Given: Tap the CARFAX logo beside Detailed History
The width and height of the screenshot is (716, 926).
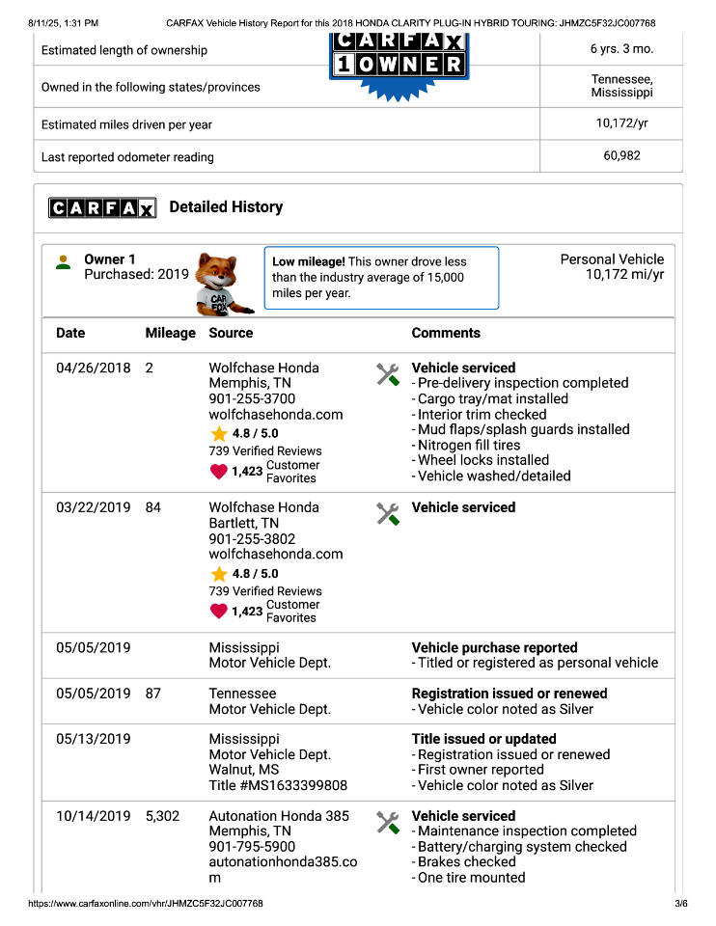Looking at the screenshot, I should (101, 207).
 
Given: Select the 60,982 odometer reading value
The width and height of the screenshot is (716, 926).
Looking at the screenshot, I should (621, 155).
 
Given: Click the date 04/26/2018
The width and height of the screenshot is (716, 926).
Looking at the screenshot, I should (93, 368).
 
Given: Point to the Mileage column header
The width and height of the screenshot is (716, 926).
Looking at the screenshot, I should (170, 333).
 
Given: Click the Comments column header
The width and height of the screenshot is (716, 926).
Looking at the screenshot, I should (446, 333).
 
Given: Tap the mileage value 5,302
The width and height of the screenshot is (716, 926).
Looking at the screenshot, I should (162, 816).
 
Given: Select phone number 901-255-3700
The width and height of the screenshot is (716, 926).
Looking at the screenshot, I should (252, 398).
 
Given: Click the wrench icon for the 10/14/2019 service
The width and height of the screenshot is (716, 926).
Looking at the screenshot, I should (388, 822).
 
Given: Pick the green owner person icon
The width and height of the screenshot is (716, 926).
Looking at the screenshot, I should (64, 262).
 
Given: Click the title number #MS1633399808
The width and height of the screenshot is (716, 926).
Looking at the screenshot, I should (278, 785).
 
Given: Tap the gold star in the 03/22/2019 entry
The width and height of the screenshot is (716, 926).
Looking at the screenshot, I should (219, 574).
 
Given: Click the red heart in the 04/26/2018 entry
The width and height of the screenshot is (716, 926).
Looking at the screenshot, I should (219, 472).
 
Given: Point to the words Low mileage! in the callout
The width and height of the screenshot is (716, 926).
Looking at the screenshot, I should (308, 261).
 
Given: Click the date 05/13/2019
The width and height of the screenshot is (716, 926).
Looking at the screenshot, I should (93, 739).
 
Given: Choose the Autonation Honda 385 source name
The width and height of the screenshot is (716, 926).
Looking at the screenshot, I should (279, 816).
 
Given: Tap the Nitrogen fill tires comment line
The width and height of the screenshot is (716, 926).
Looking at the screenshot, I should (469, 445).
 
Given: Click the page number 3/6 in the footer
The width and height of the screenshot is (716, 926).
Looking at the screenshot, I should (680, 904).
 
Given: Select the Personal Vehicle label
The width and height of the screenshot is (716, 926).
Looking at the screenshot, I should (612, 259).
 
